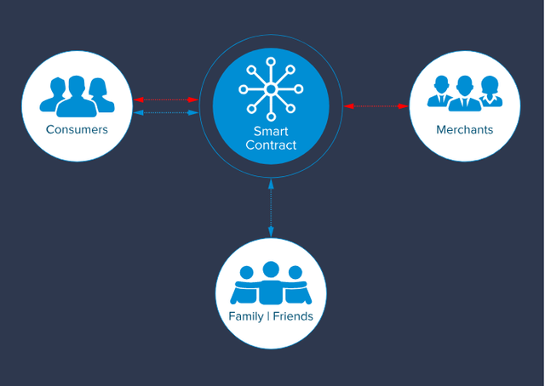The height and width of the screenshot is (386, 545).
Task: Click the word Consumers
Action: [x=77, y=129]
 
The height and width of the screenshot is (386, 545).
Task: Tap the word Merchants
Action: [x=465, y=129]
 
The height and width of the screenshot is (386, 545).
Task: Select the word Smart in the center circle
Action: [x=271, y=131]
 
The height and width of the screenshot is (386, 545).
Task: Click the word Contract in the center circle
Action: [x=271, y=145]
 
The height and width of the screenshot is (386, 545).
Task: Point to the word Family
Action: [x=246, y=316]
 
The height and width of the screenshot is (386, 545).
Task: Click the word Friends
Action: [x=293, y=316]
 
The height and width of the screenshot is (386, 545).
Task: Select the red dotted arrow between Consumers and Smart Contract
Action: [x=166, y=99]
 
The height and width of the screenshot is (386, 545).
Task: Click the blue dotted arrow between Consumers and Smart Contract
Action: [x=166, y=112]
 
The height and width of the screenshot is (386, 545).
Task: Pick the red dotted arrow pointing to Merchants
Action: [x=376, y=106]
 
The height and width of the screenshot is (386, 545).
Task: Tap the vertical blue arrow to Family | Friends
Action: [x=271, y=208]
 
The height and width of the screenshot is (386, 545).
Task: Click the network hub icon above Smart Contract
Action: [x=271, y=89]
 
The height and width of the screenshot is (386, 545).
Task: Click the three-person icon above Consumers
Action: [x=77, y=96]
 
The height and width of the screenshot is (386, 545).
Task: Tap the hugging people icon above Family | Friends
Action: [x=271, y=283]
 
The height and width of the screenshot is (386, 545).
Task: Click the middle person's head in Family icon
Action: [x=271, y=270]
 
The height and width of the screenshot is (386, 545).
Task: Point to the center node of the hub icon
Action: [x=271, y=89]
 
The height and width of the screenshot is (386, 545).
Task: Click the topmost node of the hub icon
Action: [x=271, y=62]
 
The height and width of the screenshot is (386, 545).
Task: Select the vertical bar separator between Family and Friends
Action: [x=268, y=316]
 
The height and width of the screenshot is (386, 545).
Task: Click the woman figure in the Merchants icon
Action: [x=490, y=91]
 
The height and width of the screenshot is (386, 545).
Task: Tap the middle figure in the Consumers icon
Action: [x=77, y=97]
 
